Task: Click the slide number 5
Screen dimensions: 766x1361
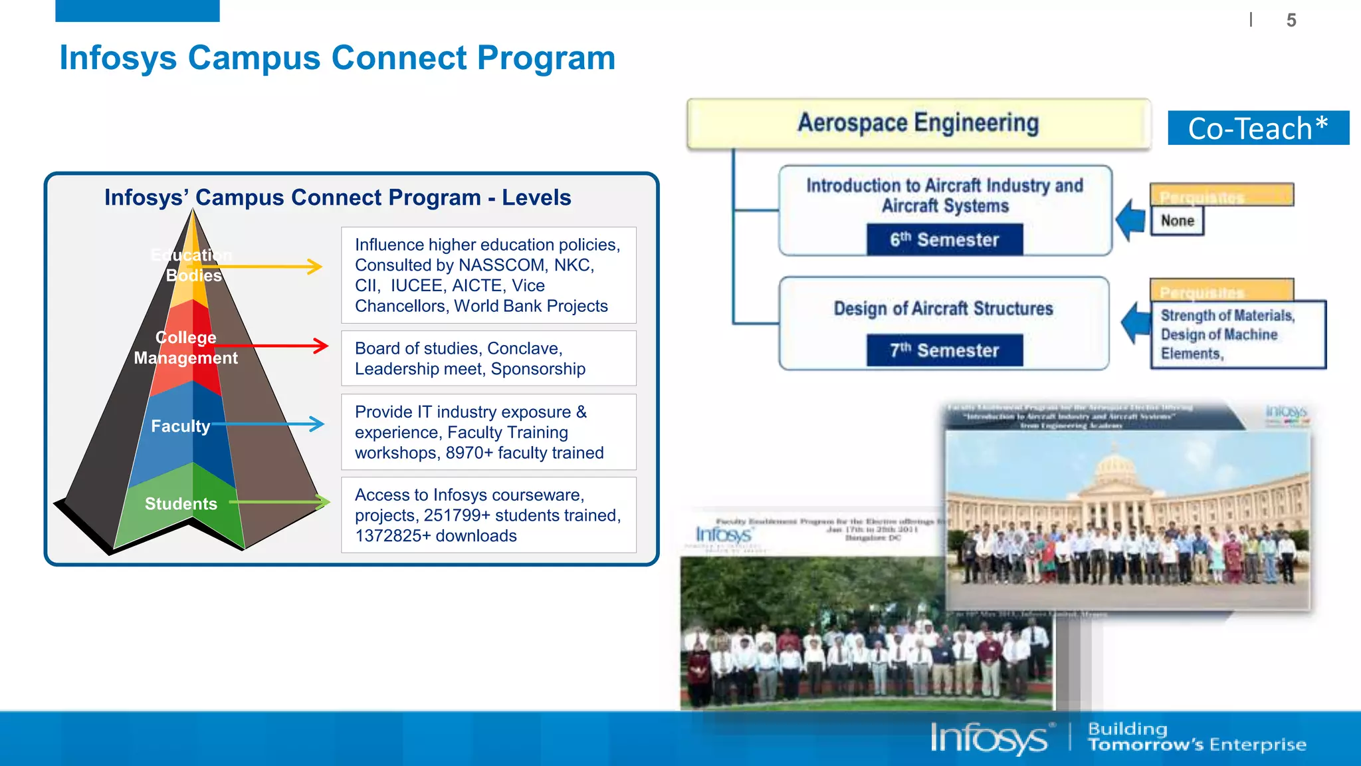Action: pyautogui.click(x=1291, y=20)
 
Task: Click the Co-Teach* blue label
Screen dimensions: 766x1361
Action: pyautogui.click(x=1258, y=128)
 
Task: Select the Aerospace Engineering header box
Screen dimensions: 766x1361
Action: pyautogui.click(x=918, y=124)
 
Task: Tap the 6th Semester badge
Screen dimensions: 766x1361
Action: pyautogui.click(x=944, y=240)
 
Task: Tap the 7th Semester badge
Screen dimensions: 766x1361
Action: pyautogui.click(x=944, y=350)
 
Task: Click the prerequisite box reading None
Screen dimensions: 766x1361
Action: pyautogui.click(x=1178, y=221)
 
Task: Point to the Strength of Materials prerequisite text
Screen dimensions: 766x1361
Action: pyautogui.click(x=1227, y=316)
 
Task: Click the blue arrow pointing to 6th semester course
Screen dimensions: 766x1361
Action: pyautogui.click(x=1130, y=220)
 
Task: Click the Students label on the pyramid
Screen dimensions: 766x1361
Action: pyautogui.click(x=181, y=504)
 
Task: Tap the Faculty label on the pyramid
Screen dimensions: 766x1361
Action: pyautogui.click(x=180, y=426)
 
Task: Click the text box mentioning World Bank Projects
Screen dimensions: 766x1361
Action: pyautogui.click(x=488, y=275)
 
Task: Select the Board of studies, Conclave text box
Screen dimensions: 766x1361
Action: pyautogui.click(x=488, y=358)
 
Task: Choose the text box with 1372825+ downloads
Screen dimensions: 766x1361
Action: pyautogui.click(x=488, y=515)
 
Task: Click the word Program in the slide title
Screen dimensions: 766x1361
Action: pyautogui.click(x=546, y=58)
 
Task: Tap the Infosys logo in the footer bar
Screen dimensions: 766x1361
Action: pyautogui.click(x=989, y=738)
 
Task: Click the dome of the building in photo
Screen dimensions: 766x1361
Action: pyautogui.click(x=1115, y=469)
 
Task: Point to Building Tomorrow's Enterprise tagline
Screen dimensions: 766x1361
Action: pyautogui.click(x=1196, y=737)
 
